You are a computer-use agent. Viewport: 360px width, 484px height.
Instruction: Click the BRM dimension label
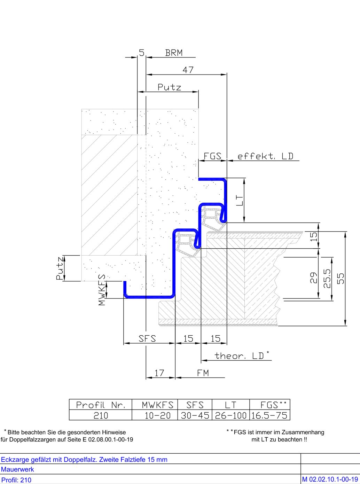[x=174, y=53]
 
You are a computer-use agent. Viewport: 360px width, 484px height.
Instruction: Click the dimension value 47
[x=188, y=70]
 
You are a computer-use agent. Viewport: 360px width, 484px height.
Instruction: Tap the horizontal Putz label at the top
[x=170, y=87]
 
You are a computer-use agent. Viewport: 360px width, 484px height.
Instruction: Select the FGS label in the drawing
[x=212, y=156]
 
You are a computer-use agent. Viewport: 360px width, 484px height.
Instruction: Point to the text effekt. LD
[x=265, y=156]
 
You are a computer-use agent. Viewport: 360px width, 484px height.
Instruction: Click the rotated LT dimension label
[x=240, y=200]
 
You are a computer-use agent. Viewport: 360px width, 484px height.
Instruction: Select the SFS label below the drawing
[x=147, y=338]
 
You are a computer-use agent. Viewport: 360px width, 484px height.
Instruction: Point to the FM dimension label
[x=203, y=373]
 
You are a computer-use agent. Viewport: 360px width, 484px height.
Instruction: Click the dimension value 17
[x=159, y=373]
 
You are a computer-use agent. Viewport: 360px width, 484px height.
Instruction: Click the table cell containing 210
[x=101, y=415]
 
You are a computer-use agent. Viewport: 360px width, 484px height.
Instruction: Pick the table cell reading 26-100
[x=231, y=415]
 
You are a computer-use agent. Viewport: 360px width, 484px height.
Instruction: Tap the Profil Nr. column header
[x=101, y=405]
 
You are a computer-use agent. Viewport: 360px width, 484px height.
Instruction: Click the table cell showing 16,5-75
[x=270, y=415]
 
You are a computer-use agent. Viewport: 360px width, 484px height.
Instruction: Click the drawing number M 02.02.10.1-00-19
[x=330, y=479]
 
